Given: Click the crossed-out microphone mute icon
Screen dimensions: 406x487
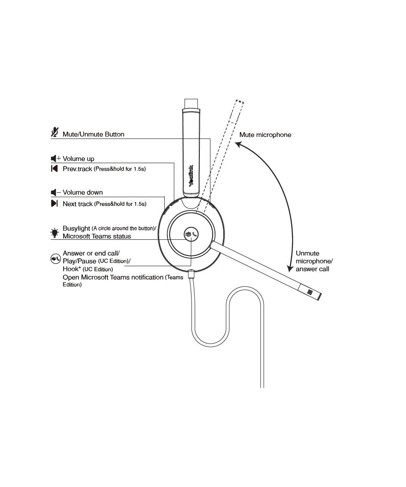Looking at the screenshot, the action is click(x=55, y=132).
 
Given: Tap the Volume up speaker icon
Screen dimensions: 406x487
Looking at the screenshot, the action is click(x=56, y=158).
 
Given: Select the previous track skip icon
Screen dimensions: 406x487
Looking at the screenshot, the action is click(x=54, y=168).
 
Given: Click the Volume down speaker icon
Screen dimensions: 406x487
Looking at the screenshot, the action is click(x=56, y=192).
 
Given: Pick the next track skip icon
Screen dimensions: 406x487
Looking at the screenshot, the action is click(x=54, y=203).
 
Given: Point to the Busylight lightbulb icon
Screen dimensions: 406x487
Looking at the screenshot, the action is click(x=55, y=232).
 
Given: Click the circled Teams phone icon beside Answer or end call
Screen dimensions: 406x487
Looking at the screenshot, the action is click(x=55, y=259).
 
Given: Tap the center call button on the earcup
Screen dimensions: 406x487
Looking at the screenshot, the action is click(x=191, y=234).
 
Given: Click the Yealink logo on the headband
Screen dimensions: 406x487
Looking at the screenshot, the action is click(x=191, y=176).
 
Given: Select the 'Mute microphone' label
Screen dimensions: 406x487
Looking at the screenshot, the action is click(x=265, y=135).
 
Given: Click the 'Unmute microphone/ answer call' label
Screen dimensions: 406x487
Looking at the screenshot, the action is click(x=314, y=261).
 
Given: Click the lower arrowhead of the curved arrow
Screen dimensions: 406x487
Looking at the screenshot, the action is click(x=290, y=268).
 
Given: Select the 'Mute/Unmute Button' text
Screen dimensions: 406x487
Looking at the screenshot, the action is click(x=94, y=134).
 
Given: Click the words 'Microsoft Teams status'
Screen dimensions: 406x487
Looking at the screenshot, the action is click(x=97, y=237).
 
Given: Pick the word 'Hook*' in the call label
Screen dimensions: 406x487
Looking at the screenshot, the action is click(x=72, y=269).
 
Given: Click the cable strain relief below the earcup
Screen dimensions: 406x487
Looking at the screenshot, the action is click(x=193, y=274).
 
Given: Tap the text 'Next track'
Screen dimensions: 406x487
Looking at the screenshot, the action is click(x=78, y=204).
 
